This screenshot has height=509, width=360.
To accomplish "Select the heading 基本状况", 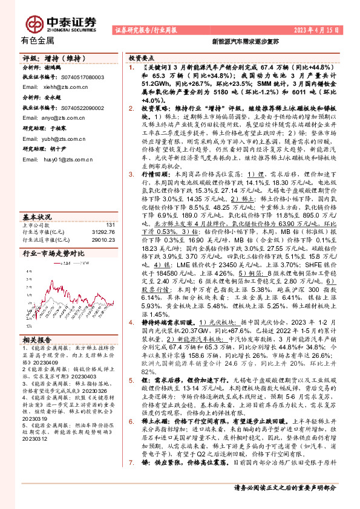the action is [x=37, y=216].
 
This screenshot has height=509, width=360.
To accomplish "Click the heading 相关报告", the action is [x=37, y=339].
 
